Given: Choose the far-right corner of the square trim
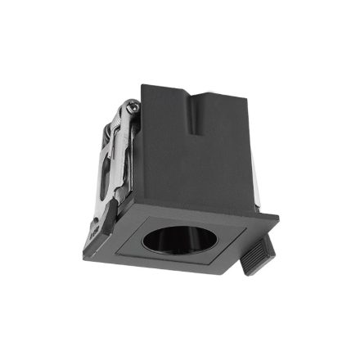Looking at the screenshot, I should pos(278,218).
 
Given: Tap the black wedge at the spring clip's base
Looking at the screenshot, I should pos(106,218).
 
